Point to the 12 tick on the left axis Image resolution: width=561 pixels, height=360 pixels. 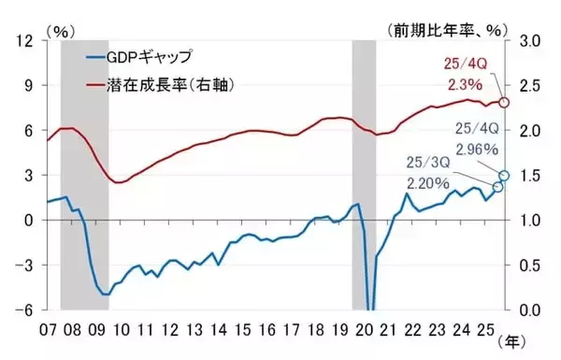click(25, 40)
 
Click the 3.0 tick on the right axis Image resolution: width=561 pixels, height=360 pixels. click(529, 40)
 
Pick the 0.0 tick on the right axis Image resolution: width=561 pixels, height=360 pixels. click(529, 310)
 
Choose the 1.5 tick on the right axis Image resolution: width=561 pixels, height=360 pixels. click(529, 175)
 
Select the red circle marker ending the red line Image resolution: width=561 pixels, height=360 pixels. click(505, 102)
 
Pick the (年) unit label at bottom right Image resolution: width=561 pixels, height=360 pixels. click(517, 342)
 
